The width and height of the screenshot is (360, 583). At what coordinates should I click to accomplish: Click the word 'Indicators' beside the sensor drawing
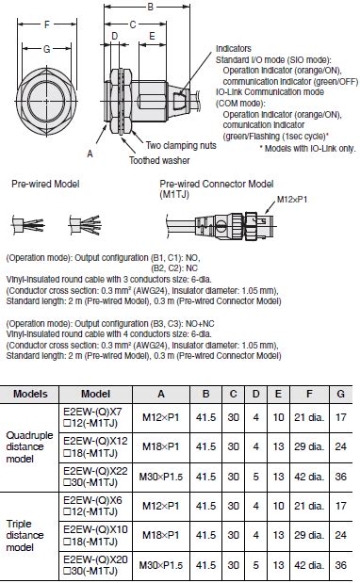[x=234, y=47]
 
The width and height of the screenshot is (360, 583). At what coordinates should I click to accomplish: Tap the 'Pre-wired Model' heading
[x=39, y=184]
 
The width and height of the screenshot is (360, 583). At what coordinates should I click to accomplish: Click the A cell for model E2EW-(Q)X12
[x=161, y=443]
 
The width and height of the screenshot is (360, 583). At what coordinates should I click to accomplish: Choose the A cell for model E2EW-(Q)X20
[x=161, y=565]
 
